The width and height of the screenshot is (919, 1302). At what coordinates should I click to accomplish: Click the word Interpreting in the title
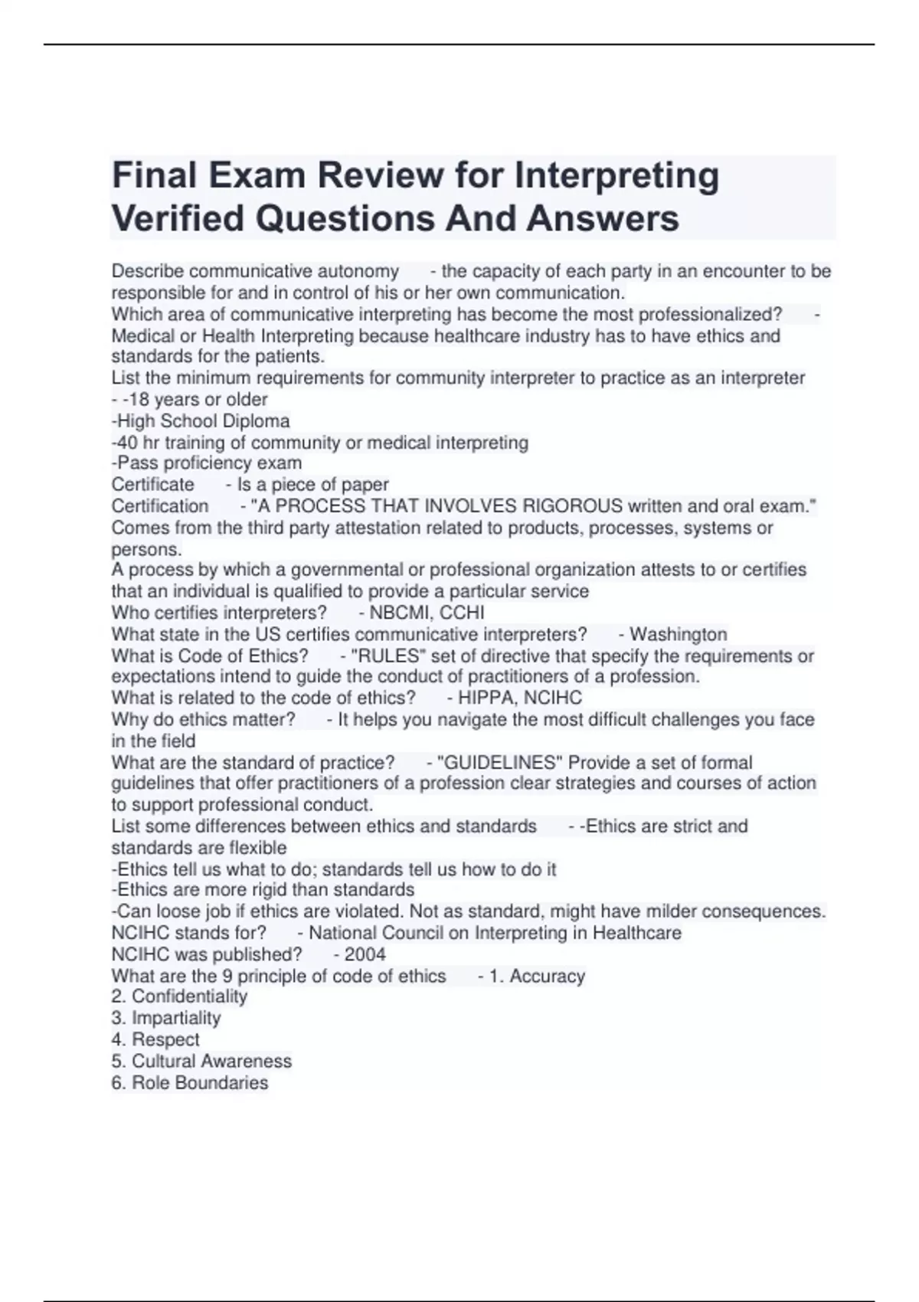tap(616, 175)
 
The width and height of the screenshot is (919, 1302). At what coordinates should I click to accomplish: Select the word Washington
tap(678, 634)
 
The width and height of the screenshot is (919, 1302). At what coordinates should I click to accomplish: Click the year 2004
tap(365, 954)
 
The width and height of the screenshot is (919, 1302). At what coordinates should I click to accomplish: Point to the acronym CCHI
tap(462, 613)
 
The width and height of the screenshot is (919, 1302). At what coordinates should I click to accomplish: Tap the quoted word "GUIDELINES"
tap(499, 763)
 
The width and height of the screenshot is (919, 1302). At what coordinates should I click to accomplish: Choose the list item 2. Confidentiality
tap(179, 996)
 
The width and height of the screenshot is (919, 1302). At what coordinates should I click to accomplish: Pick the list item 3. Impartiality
tap(166, 1018)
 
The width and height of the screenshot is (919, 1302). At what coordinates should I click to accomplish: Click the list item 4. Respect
tap(155, 1039)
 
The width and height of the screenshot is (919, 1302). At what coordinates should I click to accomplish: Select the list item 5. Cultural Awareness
tap(201, 1061)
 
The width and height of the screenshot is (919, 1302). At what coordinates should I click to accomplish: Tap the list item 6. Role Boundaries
tap(190, 1082)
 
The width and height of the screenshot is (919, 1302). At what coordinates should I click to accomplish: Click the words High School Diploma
tap(203, 420)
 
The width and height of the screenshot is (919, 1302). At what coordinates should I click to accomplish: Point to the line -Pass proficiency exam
tap(207, 463)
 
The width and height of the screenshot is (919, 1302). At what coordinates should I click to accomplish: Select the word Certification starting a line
tap(160, 506)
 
